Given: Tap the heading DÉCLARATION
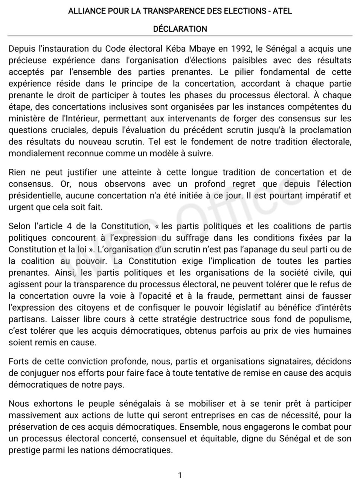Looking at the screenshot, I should pyautogui.click(x=180, y=29).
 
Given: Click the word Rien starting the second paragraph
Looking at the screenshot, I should pyautogui.click(x=18, y=172).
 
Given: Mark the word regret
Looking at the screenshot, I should pyautogui.click(x=256, y=184).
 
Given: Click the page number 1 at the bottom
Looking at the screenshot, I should pyautogui.click(x=180, y=475).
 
